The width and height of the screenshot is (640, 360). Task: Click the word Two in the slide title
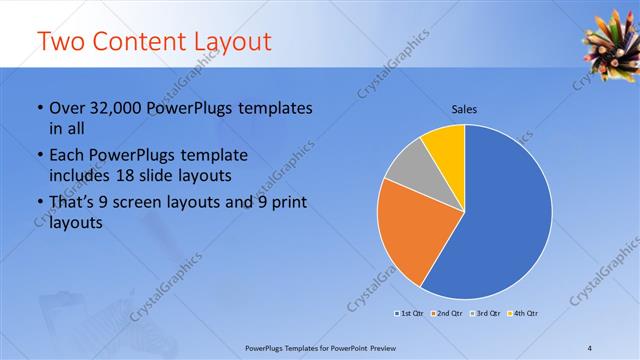click(60, 42)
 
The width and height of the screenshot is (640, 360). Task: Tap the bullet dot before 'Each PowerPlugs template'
click(38, 157)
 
